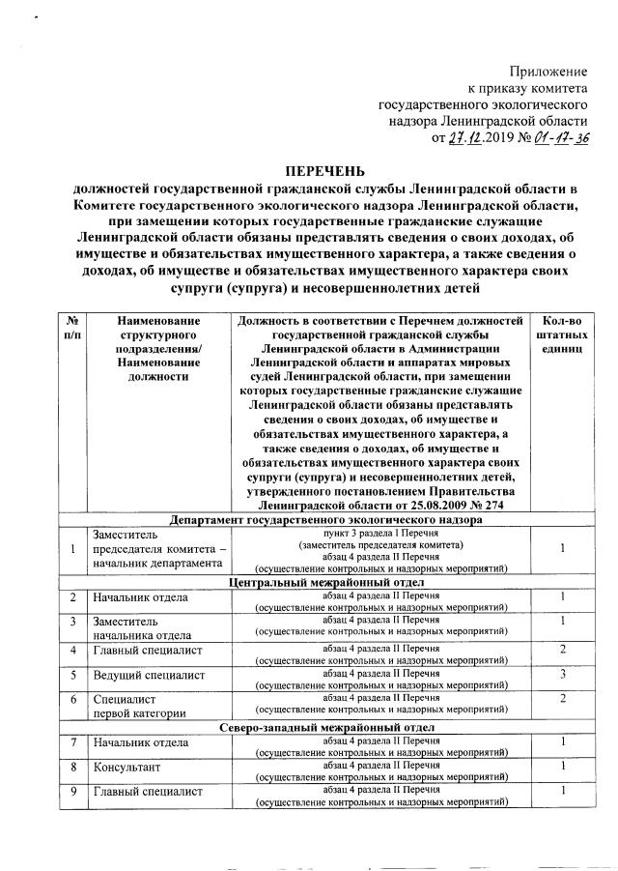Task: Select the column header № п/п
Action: pyautogui.click(x=71, y=328)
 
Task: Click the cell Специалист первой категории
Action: pyautogui.click(x=136, y=706)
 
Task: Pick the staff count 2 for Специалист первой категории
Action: pyautogui.click(x=562, y=698)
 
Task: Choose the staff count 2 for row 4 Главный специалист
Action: pyautogui.click(x=562, y=649)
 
